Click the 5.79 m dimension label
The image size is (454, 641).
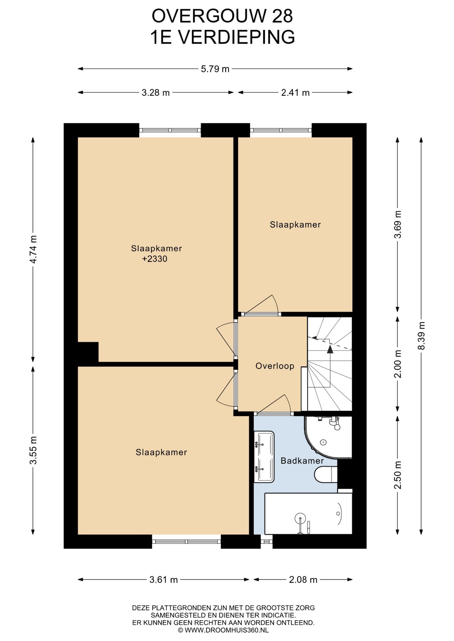coord(215,69)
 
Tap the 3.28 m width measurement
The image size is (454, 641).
coord(155,93)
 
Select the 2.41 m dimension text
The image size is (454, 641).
coord(295,93)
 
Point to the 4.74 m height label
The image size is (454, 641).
coord(33,249)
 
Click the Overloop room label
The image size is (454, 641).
coord(275,366)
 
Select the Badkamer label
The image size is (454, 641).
coord(302,461)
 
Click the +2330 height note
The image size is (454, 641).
coord(154,259)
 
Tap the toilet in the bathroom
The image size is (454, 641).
coord(326,474)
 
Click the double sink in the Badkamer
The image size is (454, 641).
coord(264,457)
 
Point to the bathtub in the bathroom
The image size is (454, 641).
coord(308,513)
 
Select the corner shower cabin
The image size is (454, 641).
coord(328,437)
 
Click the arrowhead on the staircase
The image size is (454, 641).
coord(330,349)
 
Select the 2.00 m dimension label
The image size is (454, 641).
coord(398,364)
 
